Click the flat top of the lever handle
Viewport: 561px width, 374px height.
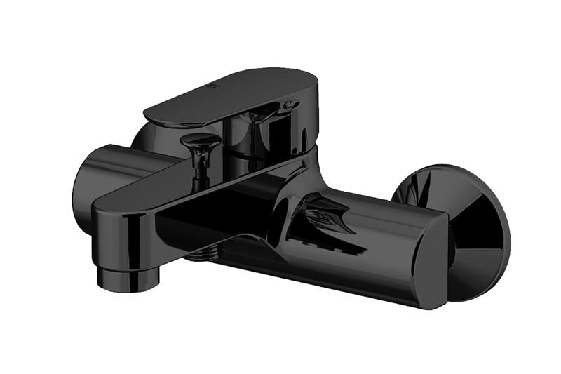coord(231,95)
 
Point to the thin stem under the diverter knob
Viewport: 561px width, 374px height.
coord(199,165)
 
